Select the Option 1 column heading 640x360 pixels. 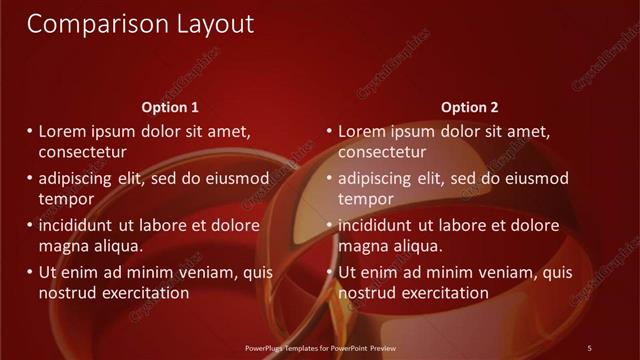point(170,107)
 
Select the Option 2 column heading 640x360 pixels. point(469,107)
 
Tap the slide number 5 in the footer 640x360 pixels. point(589,347)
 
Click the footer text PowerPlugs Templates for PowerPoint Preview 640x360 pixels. point(321,347)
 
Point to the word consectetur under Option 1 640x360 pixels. point(82,152)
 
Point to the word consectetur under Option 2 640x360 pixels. point(382,152)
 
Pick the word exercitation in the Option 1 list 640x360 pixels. point(143,293)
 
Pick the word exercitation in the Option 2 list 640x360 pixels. point(443,293)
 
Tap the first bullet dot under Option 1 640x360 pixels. point(29,131)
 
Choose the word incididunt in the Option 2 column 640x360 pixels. point(376,225)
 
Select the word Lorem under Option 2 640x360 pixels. point(362,131)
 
